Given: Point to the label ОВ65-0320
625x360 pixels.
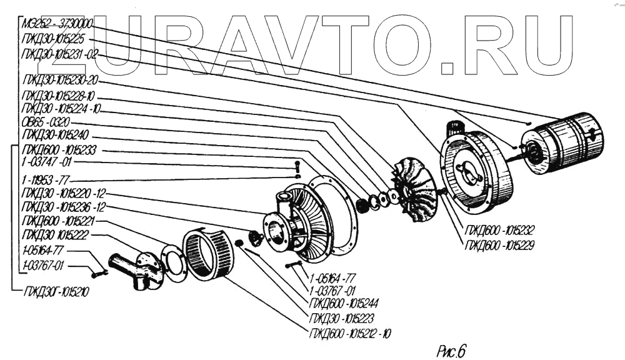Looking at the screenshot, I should [x=46, y=122].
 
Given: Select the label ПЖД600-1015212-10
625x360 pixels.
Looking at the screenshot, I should [x=350, y=332].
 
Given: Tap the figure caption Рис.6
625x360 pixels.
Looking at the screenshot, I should [x=451, y=351].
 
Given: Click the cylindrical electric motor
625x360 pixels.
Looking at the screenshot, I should [x=566, y=142].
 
